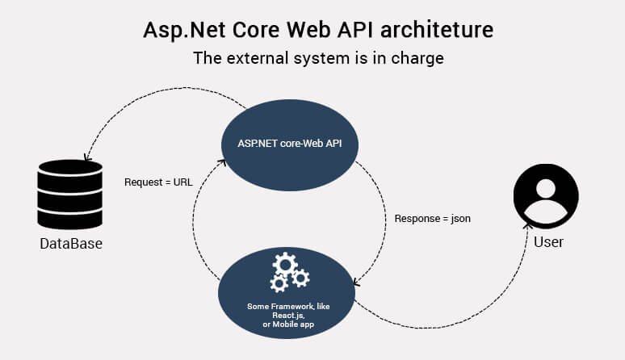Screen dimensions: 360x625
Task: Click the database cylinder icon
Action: pos(70,195)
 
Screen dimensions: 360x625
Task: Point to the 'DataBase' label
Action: pos(71,243)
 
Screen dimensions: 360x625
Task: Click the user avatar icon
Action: pos(546,196)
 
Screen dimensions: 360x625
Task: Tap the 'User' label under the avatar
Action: pos(548,241)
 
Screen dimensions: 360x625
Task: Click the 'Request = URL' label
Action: pos(158,182)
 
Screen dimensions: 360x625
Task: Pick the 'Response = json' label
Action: pos(432,218)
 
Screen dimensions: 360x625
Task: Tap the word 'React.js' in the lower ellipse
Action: pos(289,316)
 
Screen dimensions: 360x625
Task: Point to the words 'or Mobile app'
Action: pos(289,324)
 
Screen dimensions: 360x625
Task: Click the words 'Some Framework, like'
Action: pos(289,307)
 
